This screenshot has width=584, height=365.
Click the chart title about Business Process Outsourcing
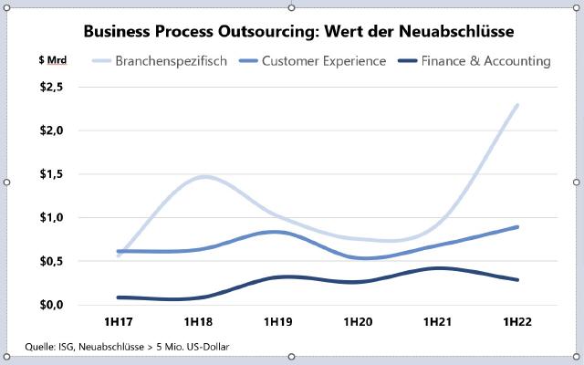click(298, 31)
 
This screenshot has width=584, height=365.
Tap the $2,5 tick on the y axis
click(49, 87)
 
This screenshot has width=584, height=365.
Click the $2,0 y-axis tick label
click(49, 130)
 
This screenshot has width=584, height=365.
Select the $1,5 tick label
click(49, 174)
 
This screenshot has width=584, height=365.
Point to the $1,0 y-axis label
click(49, 217)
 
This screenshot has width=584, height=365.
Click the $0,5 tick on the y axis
click(49, 261)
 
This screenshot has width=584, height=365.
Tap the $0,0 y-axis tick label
click(49, 305)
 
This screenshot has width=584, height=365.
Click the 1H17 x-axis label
click(119, 322)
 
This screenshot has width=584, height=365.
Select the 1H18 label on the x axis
click(198, 322)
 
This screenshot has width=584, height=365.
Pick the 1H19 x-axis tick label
click(278, 322)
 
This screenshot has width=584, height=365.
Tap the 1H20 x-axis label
click(359, 322)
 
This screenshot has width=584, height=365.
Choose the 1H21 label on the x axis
click(438, 322)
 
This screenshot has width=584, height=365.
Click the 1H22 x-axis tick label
click(517, 322)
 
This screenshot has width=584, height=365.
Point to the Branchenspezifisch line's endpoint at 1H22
click(517, 105)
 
